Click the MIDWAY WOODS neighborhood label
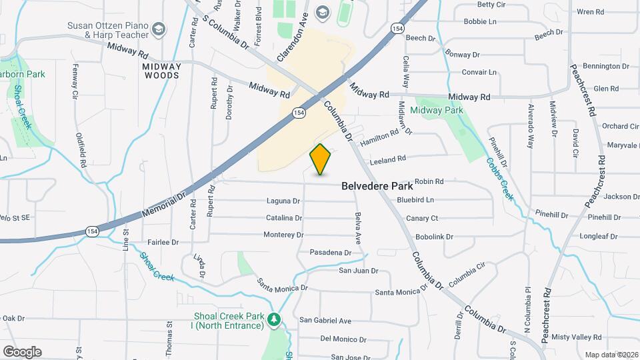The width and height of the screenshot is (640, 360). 161,71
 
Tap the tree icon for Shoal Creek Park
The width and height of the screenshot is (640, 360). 274,321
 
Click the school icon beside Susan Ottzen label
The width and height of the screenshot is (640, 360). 159,29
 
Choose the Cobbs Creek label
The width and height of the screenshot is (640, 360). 499,178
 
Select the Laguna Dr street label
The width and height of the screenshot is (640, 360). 283,201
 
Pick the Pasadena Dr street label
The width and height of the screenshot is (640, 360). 330,253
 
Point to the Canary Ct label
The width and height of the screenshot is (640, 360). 422,218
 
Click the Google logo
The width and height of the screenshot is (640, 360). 22,352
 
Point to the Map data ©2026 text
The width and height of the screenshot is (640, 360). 611,355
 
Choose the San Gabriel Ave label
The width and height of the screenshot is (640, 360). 325,321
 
